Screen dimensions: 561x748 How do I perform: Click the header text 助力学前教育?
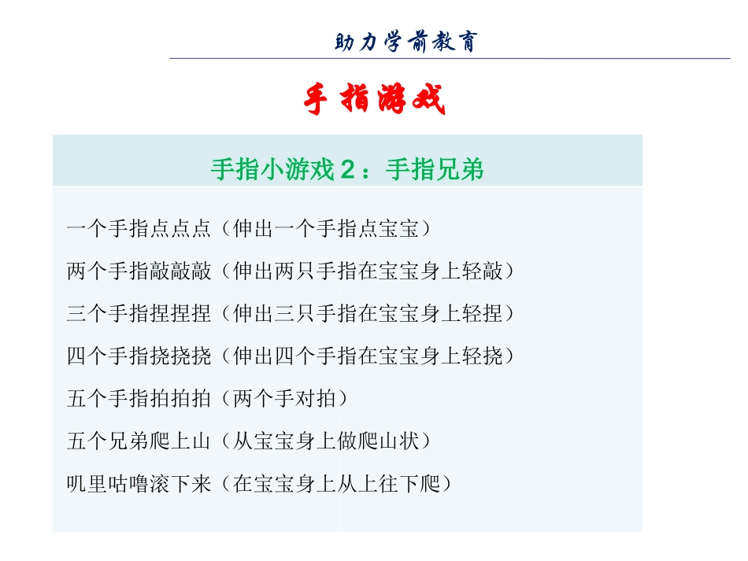[405, 41]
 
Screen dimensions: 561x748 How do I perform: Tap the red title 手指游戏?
[375, 101]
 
